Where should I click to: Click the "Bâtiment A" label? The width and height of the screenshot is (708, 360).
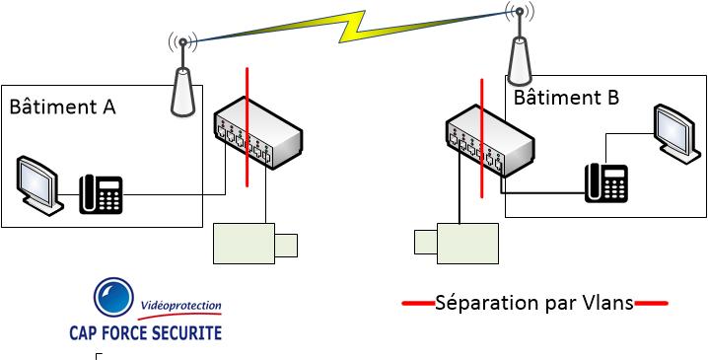click(x=63, y=108)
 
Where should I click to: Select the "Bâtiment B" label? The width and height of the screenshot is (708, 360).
click(x=566, y=97)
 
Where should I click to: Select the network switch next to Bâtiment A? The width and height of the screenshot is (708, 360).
click(x=257, y=133)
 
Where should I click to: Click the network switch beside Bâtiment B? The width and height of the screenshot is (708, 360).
click(x=490, y=140)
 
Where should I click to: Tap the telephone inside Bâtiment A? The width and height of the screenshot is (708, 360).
click(x=101, y=194)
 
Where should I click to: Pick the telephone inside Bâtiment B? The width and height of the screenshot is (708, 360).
click(x=606, y=182)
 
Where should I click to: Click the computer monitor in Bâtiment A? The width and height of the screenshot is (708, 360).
click(x=38, y=186)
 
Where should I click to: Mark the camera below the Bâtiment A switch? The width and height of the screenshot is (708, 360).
click(x=255, y=244)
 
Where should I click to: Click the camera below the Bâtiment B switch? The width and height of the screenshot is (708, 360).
click(x=457, y=244)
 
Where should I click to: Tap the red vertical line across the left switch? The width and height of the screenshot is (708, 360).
click(x=247, y=127)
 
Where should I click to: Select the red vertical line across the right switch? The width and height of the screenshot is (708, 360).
click(x=482, y=138)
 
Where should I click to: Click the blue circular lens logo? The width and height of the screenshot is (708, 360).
click(x=113, y=297)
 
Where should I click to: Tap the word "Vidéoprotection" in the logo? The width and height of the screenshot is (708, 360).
click(x=181, y=306)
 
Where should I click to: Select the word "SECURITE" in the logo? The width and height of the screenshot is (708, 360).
click(x=185, y=332)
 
